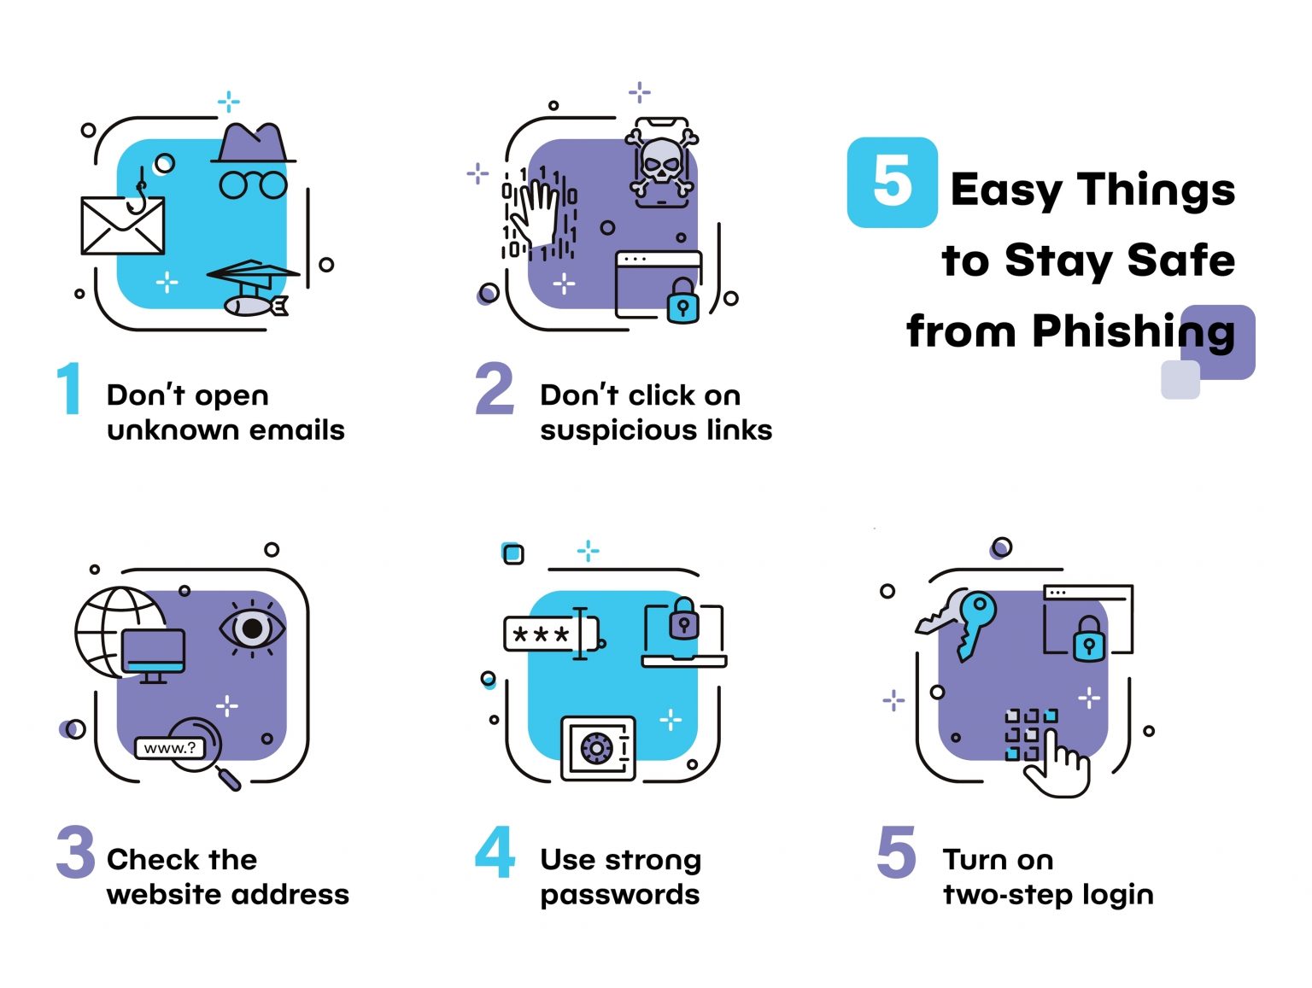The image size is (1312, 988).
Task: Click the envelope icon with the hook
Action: pyautogui.click(x=122, y=225)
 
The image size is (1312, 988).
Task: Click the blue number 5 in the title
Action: pyautogui.click(x=892, y=182)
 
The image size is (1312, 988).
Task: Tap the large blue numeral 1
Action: pyautogui.click(x=69, y=389)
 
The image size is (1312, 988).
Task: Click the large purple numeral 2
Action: pyautogui.click(x=495, y=389)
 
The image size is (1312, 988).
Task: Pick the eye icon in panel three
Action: pyautogui.click(x=252, y=629)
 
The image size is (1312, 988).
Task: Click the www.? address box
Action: pyautogui.click(x=170, y=748)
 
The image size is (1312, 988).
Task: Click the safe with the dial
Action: pyautogui.click(x=598, y=748)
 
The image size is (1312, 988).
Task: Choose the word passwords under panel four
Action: pyautogui.click(x=619, y=895)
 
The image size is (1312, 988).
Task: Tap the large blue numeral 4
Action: pyautogui.click(x=495, y=852)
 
